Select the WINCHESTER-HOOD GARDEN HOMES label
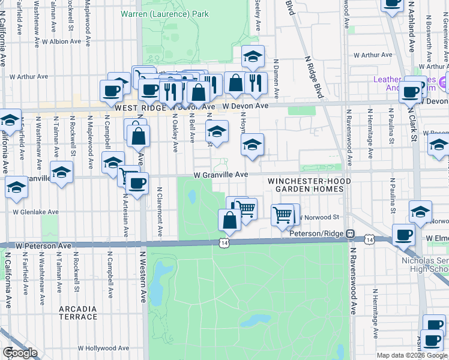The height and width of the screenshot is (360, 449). point(306,185)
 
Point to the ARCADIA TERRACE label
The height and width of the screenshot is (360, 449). point(78,313)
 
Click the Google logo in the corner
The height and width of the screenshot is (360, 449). point(19,353)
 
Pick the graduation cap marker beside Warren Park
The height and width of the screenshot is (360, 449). point(253,56)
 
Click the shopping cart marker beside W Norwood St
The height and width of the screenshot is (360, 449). point(282,213)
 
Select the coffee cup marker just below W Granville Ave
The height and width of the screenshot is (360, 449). point(137,182)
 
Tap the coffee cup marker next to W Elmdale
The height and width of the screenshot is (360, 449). point(403,235)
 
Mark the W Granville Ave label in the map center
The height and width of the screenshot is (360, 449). point(220,175)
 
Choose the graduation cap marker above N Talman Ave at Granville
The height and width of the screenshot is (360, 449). point(61,172)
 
